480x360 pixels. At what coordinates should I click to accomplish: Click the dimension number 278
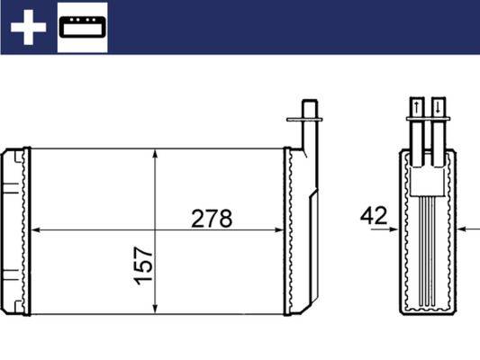212,219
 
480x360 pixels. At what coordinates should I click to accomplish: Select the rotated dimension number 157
145,266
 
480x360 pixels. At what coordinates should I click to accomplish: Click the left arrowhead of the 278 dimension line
37,230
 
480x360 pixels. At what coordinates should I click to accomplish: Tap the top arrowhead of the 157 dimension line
157,154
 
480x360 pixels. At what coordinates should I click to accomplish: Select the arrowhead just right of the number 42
394,229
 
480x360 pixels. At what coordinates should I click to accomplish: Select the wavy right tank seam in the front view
290,230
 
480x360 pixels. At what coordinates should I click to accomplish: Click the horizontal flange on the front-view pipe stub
303,117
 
